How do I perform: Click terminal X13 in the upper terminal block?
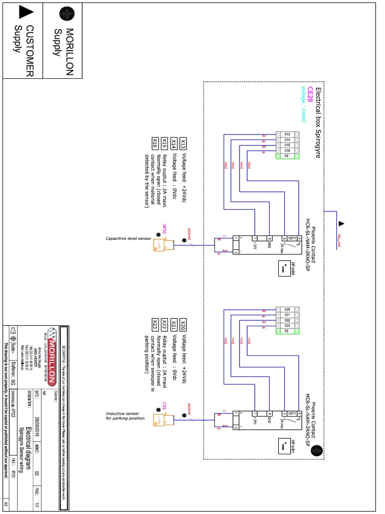(287, 134)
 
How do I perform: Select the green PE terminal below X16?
(287, 157)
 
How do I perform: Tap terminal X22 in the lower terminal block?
(287, 320)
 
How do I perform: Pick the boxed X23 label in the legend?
(155, 324)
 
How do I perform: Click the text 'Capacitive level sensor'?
(128, 238)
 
